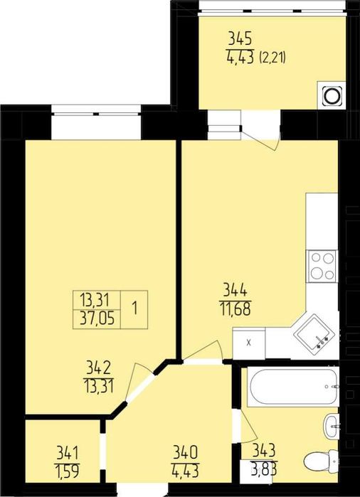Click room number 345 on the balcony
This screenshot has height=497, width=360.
click(x=240, y=38)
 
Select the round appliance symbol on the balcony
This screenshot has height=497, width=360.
click(x=332, y=94)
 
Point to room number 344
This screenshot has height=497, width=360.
click(x=235, y=290)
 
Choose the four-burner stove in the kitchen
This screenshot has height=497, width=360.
click(x=322, y=265)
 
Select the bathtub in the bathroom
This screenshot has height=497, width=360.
click(x=292, y=387)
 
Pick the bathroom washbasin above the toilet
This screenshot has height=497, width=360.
click(x=332, y=427)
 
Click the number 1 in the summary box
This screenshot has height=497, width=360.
click(x=134, y=309)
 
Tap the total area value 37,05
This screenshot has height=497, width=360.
click(x=97, y=318)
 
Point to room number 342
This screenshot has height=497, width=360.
click(x=98, y=368)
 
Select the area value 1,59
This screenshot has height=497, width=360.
click(x=68, y=471)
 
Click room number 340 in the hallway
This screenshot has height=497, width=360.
click(x=186, y=451)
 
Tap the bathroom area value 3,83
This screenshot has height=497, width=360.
click(x=264, y=469)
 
